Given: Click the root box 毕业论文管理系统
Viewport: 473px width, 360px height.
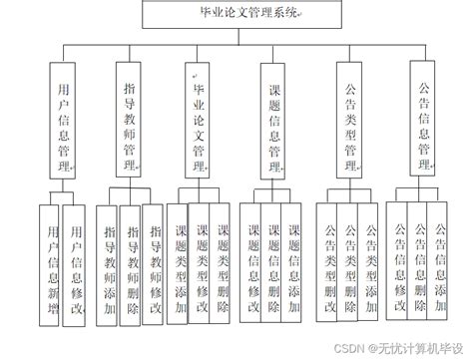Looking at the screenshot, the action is point(236,16).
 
